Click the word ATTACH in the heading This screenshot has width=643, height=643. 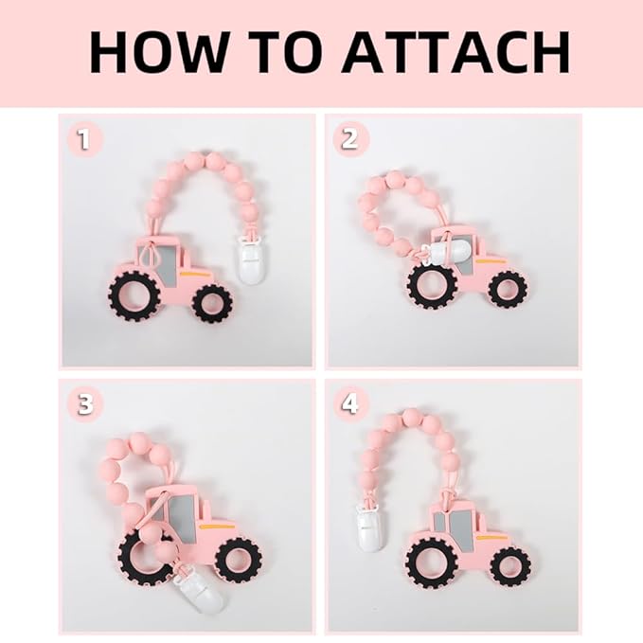(456, 52)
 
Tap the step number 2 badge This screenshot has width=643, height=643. (349, 139)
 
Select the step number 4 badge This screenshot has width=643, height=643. (349, 404)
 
